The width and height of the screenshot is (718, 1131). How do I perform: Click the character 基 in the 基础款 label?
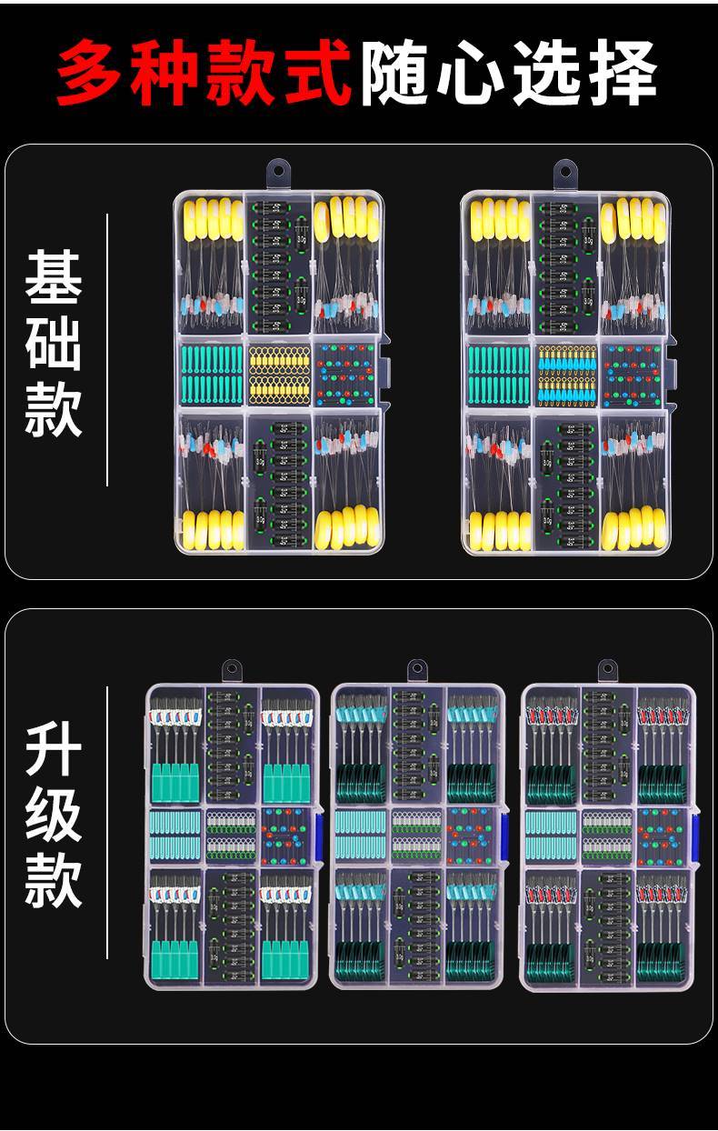(x=54, y=277)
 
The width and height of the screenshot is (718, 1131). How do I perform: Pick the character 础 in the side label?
(x=54, y=343)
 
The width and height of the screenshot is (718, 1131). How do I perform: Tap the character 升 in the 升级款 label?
(x=54, y=749)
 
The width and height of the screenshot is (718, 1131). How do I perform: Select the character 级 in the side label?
(x=54, y=815)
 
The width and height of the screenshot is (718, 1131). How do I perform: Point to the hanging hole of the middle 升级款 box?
(x=417, y=669)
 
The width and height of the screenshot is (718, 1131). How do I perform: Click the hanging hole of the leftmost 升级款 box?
(x=232, y=669)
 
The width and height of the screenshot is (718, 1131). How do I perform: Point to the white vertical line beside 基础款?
(x=107, y=350)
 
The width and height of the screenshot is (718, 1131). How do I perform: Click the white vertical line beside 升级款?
(x=107, y=822)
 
